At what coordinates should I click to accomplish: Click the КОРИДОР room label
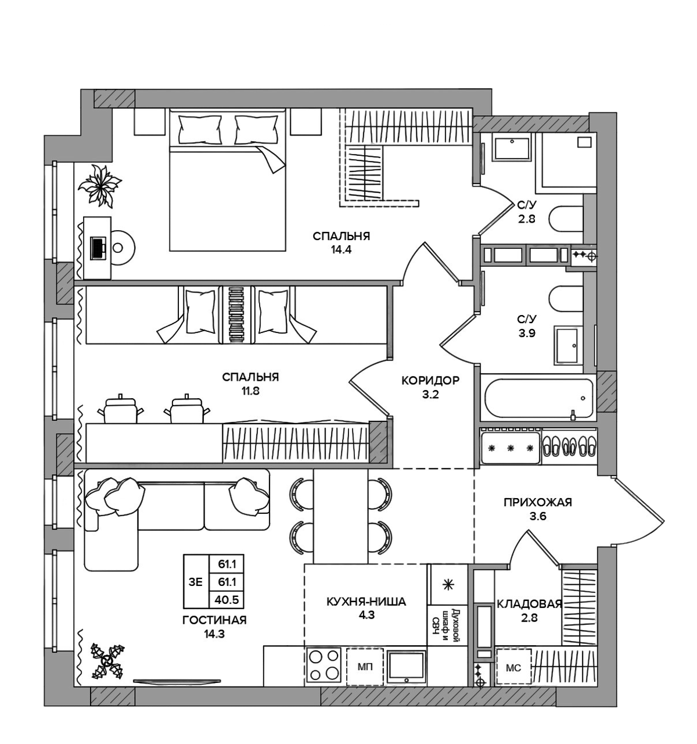click(x=430, y=381)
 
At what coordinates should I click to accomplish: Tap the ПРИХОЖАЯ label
click(x=537, y=502)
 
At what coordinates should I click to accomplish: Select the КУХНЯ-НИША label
click(x=366, y=602)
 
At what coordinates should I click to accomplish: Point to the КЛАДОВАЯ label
click(x=529, y=603)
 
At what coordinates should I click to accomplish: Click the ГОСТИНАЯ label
click(x=214, y=620)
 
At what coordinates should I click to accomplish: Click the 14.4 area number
click(x=341, y=251)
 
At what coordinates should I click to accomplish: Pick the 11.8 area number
click(x=250, y=391)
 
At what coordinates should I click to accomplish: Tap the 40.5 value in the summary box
click(x=227, y=600)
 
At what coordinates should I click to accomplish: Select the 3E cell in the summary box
click(x=196, y=582)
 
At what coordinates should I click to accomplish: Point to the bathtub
click(x=538, y=398)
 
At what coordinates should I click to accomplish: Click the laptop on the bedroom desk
click(x=98, y=248)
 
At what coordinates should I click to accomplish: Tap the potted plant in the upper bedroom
click(x=100, y=186)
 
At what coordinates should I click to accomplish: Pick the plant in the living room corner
click(x=108, y=661)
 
